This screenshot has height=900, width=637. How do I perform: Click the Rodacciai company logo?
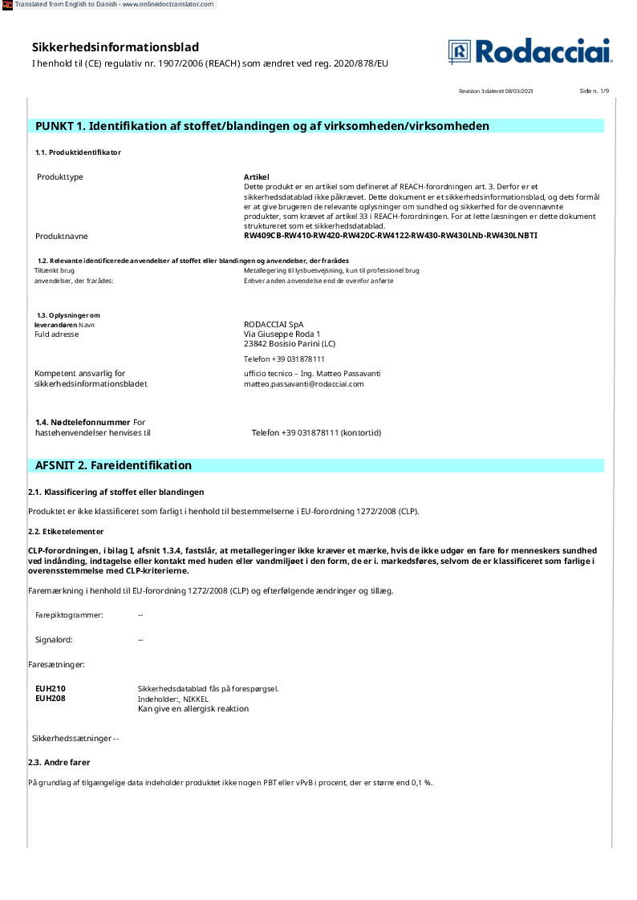[529, 51]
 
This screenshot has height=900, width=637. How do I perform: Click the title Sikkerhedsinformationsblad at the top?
[116, 47]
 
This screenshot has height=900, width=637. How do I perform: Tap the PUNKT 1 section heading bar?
[262, 126]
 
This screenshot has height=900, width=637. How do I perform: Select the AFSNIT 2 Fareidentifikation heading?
[113, 465]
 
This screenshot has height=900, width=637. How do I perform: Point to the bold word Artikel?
[256, 176]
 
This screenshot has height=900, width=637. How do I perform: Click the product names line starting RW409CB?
[390, 236]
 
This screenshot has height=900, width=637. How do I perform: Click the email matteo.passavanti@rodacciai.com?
[303, 383]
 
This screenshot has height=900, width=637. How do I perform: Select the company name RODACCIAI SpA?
[274, 324]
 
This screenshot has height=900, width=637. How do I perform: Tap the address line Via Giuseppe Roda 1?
[282, 334]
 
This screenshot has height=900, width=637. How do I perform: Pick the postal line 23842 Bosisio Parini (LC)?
[290, 343]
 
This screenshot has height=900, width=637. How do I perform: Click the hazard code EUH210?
[51, 688]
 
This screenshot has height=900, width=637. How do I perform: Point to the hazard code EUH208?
[51, 699]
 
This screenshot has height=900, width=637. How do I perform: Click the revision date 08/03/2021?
[519, 91]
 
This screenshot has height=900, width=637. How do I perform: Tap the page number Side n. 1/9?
[594, 91]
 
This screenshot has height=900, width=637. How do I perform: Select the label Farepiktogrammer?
[69, 614]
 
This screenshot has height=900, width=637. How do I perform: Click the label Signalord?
[54, 640]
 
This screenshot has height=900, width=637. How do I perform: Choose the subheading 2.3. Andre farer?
[59, 762]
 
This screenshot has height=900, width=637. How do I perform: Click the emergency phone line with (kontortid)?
[316, 433]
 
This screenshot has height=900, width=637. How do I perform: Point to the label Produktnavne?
[62, 236]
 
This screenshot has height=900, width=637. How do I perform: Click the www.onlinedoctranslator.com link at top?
[168, 4]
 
